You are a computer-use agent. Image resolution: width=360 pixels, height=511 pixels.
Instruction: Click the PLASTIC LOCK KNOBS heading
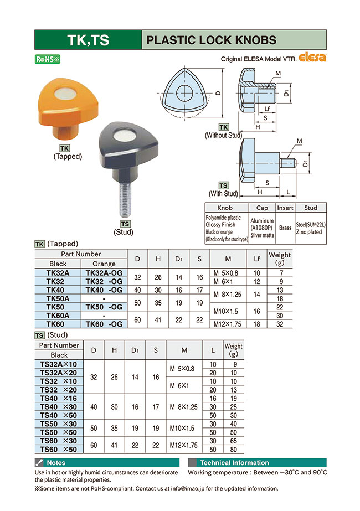click(210, 40)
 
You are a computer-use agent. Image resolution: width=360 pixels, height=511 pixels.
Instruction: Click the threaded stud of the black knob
click(125, 199)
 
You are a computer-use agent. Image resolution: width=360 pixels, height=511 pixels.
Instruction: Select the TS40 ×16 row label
click(59, 398)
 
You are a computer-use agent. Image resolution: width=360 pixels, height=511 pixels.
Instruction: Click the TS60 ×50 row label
click(59, 449)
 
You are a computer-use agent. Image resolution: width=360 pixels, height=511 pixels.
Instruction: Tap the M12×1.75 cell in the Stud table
click(183, 445)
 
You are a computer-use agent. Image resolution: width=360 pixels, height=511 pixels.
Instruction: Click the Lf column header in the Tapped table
click(256, 259)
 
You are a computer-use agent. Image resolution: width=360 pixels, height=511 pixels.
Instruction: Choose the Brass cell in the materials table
click(285, 228)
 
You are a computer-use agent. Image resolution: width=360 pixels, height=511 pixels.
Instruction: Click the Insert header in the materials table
click(285, 208)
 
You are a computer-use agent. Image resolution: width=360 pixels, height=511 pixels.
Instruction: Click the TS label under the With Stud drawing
click(223, 186)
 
